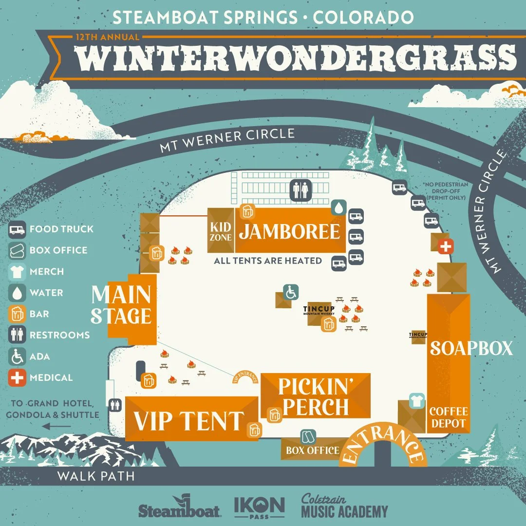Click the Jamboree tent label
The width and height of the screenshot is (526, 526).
click(x=289, y=232)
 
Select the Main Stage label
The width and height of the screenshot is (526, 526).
click(x=122, y=305)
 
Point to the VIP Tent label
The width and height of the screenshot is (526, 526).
click(x=188, y=420)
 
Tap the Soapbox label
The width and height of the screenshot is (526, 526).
click(x=470, y=348)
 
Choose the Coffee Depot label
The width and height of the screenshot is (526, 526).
click(x=448, y=417)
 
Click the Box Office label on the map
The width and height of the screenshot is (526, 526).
click(x=312, y=451)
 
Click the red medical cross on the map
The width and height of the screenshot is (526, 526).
click(x=445, y=246)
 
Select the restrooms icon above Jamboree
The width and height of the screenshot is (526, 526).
click(x=300, y=190)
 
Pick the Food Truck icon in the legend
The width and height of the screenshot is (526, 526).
click(x=18, y=229)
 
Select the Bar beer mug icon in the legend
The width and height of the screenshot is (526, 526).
click(x=18, y=314)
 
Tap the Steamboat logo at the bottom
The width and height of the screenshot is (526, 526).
click(x=180, y=508)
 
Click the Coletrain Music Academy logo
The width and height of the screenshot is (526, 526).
click(x=344, y=507)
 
